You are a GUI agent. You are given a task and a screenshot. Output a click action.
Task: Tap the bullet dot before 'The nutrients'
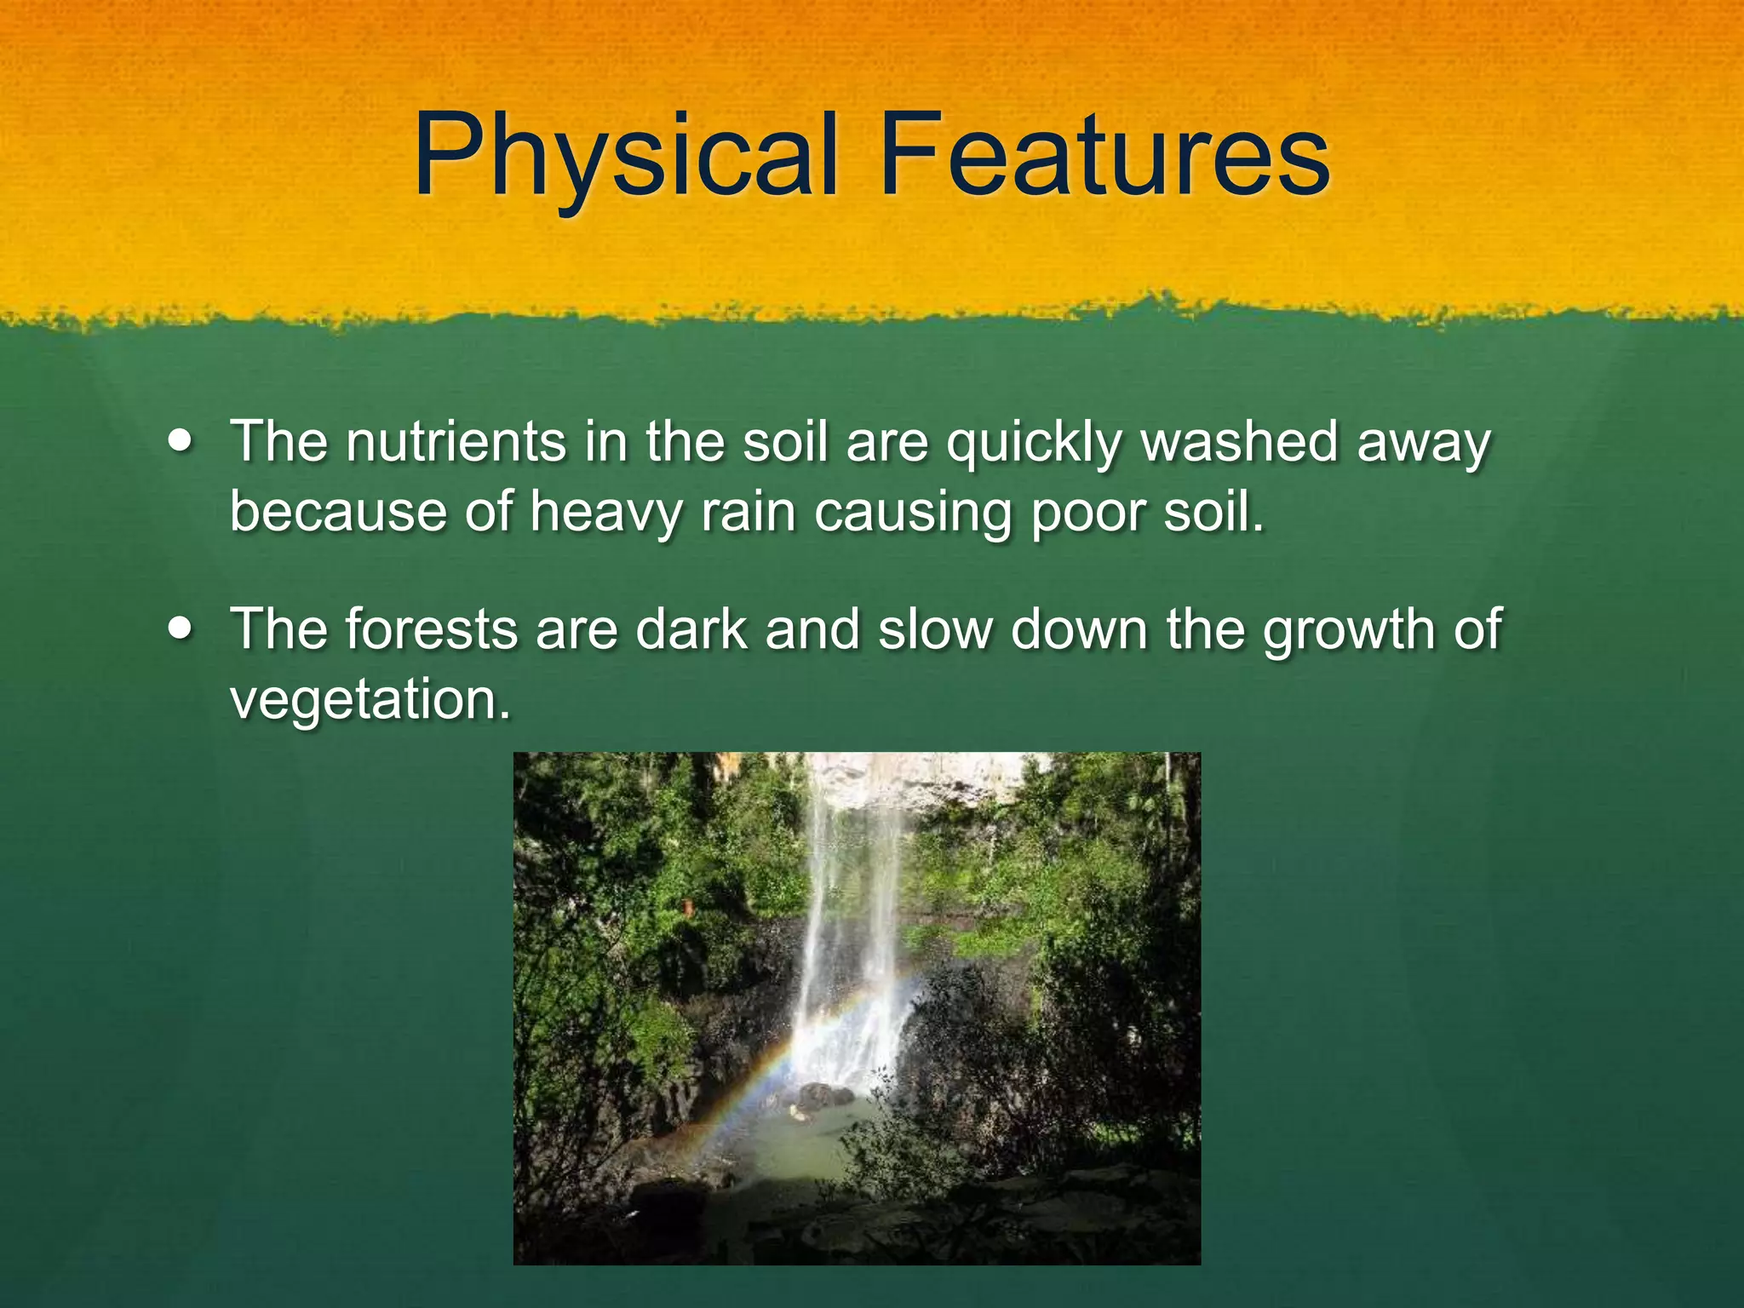181,443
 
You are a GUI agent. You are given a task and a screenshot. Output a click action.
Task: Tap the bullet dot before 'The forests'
181,630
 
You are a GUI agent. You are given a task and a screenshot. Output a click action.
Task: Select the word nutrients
456,443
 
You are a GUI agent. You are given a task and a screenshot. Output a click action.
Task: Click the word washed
1240,443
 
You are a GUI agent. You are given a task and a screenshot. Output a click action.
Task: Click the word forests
432,630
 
